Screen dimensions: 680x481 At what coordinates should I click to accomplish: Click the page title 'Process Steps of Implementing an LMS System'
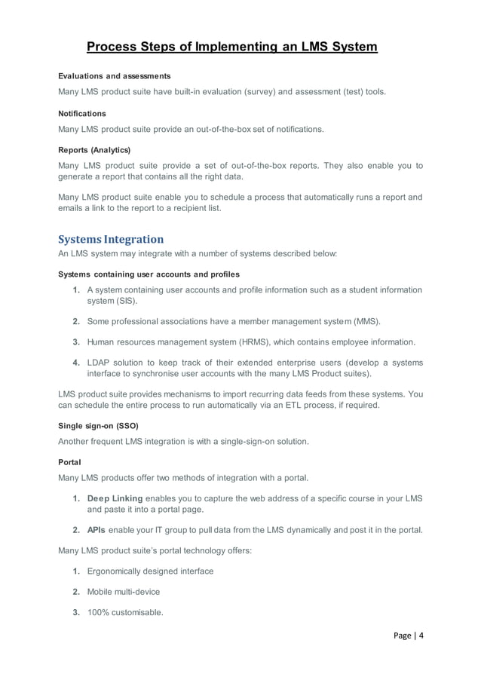[231, 47]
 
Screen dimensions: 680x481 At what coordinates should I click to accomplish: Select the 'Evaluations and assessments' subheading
[115, 76]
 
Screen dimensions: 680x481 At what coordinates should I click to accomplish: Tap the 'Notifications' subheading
[82, 113]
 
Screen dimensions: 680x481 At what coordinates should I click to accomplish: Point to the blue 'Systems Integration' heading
[111, 240]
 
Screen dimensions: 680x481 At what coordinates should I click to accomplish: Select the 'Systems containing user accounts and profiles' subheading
[149, 274]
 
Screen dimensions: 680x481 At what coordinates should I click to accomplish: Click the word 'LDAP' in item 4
[100, 363]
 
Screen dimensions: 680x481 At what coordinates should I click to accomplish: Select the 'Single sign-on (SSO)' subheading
[98, 425]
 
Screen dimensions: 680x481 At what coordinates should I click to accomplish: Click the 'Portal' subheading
[69, 461]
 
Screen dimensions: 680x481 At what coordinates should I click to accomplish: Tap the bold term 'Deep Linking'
[114, 498]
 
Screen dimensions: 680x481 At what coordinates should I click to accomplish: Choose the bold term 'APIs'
[97, 530]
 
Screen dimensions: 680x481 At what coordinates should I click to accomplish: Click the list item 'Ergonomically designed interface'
[150, 571]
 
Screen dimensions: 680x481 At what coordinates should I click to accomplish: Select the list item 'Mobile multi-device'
[124, 592]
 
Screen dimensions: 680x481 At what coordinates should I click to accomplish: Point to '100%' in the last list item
[99, 612]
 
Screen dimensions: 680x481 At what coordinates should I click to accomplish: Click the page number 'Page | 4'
[409, 636]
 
